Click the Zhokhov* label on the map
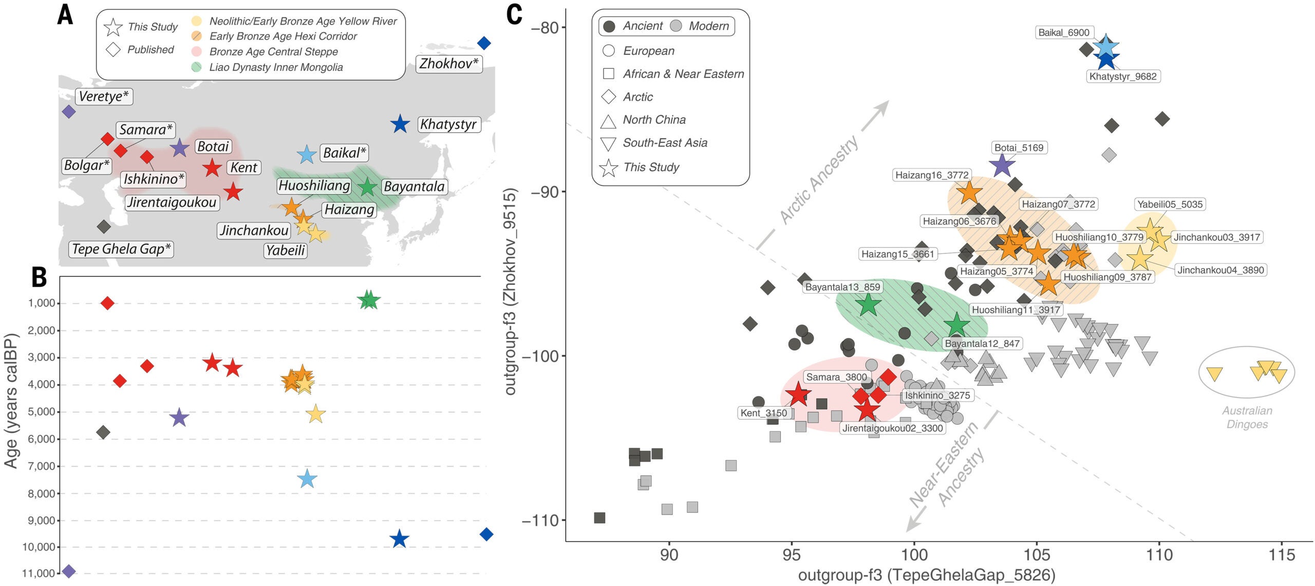[448, 64]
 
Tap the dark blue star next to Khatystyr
[400, 124]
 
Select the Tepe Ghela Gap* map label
[121, 249]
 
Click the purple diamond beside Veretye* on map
[68, 111]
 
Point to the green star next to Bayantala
[367, 187]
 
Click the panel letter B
[39, 277]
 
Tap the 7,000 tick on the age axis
[42, 466]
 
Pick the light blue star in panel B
[307, 479]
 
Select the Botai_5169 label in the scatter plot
[1019, 148]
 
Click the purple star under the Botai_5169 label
[1002, 165]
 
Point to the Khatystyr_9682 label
[1123, 77]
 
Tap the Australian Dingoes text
[1247, 418]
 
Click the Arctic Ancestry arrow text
[819, 180]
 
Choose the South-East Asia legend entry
[665, 143]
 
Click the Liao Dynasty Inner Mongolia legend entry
[276, 67]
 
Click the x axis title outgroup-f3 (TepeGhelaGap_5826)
[926, 575]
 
